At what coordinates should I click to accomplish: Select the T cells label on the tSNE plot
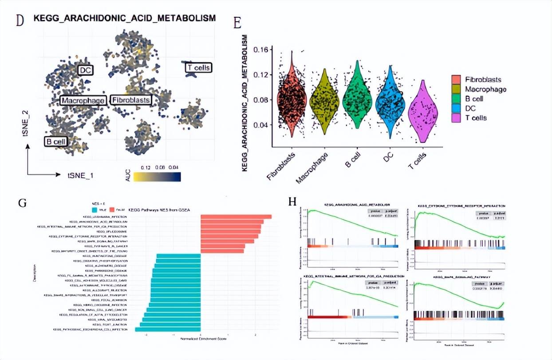[198, 68]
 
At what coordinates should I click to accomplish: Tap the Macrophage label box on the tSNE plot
[83, 101]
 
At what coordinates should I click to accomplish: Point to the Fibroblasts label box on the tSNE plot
[130, 100]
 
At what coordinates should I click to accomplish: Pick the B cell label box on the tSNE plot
[55, 141]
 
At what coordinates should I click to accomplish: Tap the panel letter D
[20, 20]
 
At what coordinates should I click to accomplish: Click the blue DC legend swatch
[456, 108]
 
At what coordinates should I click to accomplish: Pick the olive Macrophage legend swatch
[456, 89]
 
